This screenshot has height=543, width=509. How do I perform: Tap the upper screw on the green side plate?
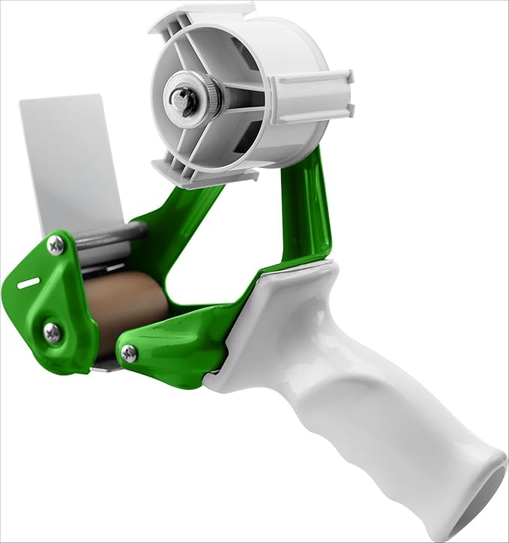56,244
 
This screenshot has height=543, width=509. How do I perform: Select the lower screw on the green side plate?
52,332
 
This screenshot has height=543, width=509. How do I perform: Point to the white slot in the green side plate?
28,283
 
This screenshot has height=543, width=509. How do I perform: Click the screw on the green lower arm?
129,353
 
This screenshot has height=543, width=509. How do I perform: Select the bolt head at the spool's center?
182,97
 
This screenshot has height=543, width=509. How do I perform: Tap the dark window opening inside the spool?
248,134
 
